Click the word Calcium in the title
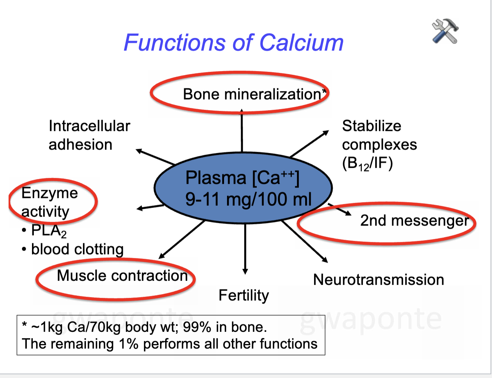pyautogui.click(x=301, y=42)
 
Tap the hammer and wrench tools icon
pyautogui.click(x=445, y=31)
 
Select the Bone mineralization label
pyautogui.click(x=252, y=94)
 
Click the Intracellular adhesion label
pyautogui.click(x=89, y=135)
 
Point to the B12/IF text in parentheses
pyautogui.click(x=367, y=164)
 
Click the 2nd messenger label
pyautogui.click(x=414, y=221)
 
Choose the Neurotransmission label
pyautogui.click(x=378, y=279)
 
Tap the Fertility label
pyautogui.click(x=243, y=295)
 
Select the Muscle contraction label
pyautogui.click(x=122, y=276)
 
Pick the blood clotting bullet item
pyautogui.click(x=77, y=249)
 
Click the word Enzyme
pyautogui.click(x=49, y=193)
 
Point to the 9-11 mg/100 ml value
pyautogui.click(x=248, y=199)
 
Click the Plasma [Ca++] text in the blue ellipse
pyautogui.click(x=242, y=177)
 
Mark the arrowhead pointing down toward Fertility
pyautogui.click(x=245, y=271)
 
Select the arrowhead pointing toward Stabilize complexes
pyautogui.click(x=326, y=132)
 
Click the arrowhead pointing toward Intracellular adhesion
pyautogui.click(x=139, y=151)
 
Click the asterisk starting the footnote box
pyautogui.click(x=25, y=325)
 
